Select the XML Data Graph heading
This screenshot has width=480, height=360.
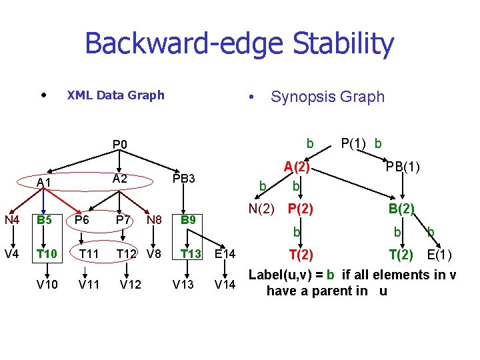tap(115, 95)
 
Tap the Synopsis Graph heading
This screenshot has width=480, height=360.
tap(327, 97)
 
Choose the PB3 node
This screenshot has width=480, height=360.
tap(183, 179)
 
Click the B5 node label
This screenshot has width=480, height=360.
tap(45, 219)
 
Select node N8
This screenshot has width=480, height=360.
tap(154, 219)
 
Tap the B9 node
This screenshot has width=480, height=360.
tap(189, 219)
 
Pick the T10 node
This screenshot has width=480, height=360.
tap(46, 253)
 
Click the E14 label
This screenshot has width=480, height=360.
tap(225, 254)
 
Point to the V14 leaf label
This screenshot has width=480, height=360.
tap(225, 285)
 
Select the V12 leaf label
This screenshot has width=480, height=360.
tap(131, 285)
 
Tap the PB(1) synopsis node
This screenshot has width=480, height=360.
tap(402, 167)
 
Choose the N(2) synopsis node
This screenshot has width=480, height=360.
tap(261, 209)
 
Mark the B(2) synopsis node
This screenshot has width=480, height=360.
tap(402, 209)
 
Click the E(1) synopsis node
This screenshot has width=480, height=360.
tap(439, 255)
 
